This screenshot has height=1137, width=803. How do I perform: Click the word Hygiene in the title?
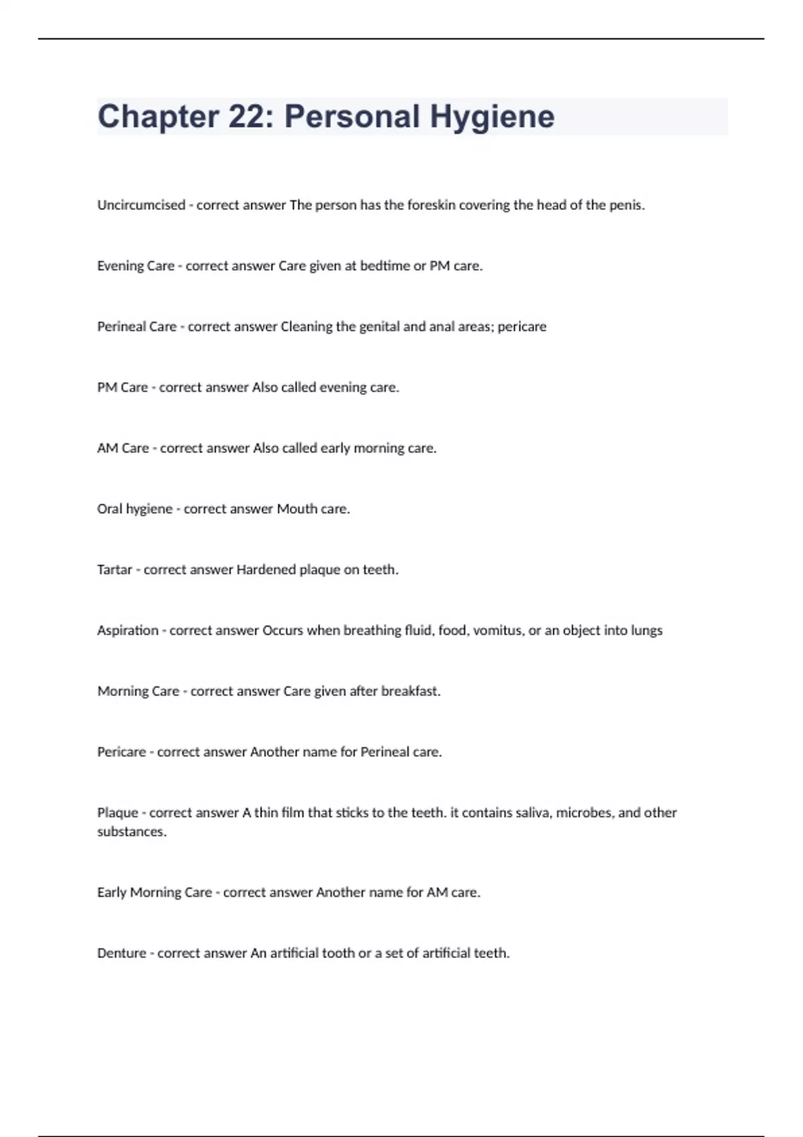[x=492, y=116]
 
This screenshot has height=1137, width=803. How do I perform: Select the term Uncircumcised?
[x=141, y=205]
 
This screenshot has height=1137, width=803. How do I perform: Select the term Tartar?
[x=114, y=570]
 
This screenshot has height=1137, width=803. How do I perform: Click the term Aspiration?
[x=128, y=631]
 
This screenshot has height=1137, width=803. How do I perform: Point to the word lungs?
[x=646, y=631]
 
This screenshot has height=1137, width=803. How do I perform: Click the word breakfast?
[x=410, y=692]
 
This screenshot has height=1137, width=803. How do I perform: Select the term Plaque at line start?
[x=118, y=813]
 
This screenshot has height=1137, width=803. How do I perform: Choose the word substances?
[x=131, y=832]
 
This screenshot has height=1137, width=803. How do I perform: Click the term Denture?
[x=121, y=954]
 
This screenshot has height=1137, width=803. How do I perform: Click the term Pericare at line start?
[x=121, y=752]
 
